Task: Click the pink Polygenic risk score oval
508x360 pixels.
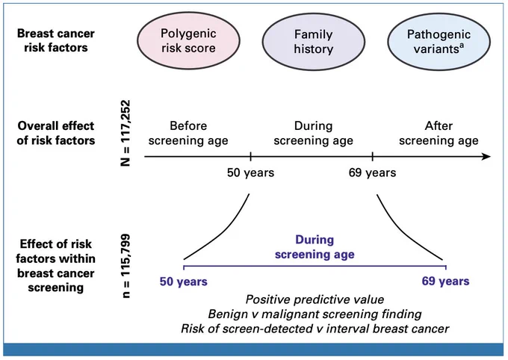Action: click(188, 40)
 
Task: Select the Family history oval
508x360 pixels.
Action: click(313, 42)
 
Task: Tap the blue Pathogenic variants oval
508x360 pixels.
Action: click(439, 42)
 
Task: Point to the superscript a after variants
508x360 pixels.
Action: click(462, 46)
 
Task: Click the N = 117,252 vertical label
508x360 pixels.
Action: click(125, 133)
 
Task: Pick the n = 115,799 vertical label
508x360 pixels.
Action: click(125, 266)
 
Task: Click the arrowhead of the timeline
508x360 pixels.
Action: click(486, 157)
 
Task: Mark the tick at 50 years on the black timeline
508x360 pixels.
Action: click(250, 157)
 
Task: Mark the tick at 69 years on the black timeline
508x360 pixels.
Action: click(372, 157)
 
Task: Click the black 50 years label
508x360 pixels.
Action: click(250, 173)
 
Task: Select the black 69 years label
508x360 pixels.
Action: click(372, 173)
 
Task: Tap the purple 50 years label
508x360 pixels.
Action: click(183, 282)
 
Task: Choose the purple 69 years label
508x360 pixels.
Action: click(445, 281)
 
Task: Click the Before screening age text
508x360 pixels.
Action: click(188, 133)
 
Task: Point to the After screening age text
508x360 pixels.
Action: click(439, 133)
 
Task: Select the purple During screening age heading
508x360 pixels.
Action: click(315, 247)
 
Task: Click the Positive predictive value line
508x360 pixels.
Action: click(315, 300)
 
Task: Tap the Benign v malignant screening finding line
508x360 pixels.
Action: click(315, 314)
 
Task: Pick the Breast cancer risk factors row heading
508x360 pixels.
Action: click(56, 40)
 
